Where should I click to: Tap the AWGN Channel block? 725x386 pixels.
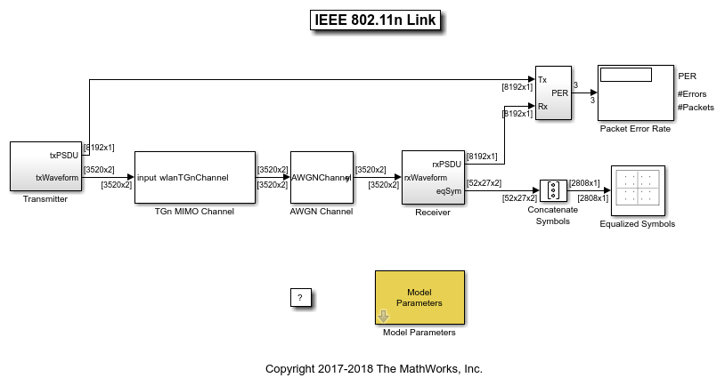point(322,177)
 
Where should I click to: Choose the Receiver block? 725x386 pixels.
point(435,177)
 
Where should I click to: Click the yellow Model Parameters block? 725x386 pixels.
point(419,297)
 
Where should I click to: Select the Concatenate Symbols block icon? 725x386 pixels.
point(553,190)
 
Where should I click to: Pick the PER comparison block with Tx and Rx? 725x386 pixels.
point(552,92)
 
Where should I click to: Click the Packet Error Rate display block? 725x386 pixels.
point(635,92)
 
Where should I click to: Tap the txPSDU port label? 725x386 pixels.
point(63,155)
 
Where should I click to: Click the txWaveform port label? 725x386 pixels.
point(57,177)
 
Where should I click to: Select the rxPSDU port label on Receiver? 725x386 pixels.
point(446,164)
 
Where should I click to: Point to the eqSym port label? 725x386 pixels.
point(449,189)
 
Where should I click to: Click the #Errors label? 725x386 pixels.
point(692,92)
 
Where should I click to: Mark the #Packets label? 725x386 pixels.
point(696,107)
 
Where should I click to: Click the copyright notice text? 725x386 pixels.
point(374,368)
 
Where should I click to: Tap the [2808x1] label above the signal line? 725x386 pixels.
point(584,183)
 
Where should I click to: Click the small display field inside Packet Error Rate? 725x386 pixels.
point(626,75)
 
